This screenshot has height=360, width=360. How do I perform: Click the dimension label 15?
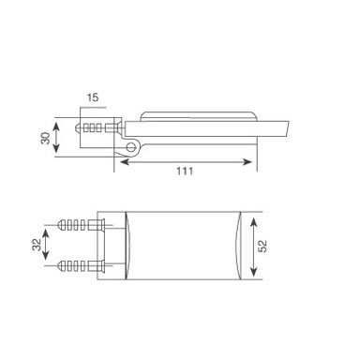coord(93,97)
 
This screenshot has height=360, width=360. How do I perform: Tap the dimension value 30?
coord(46,138)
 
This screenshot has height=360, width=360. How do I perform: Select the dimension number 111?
coord(185,172)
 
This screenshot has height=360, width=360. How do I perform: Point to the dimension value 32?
coord(37,245)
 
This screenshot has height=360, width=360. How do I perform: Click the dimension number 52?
coord(262,246)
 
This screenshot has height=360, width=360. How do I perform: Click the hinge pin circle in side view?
coord(131,146)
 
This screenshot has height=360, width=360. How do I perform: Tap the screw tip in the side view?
coord(77,127)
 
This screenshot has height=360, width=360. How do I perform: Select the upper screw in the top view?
coord(81,225)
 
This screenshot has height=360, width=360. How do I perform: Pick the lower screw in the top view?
coord(81,266)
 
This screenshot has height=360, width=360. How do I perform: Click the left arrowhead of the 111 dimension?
coord(124,162)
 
